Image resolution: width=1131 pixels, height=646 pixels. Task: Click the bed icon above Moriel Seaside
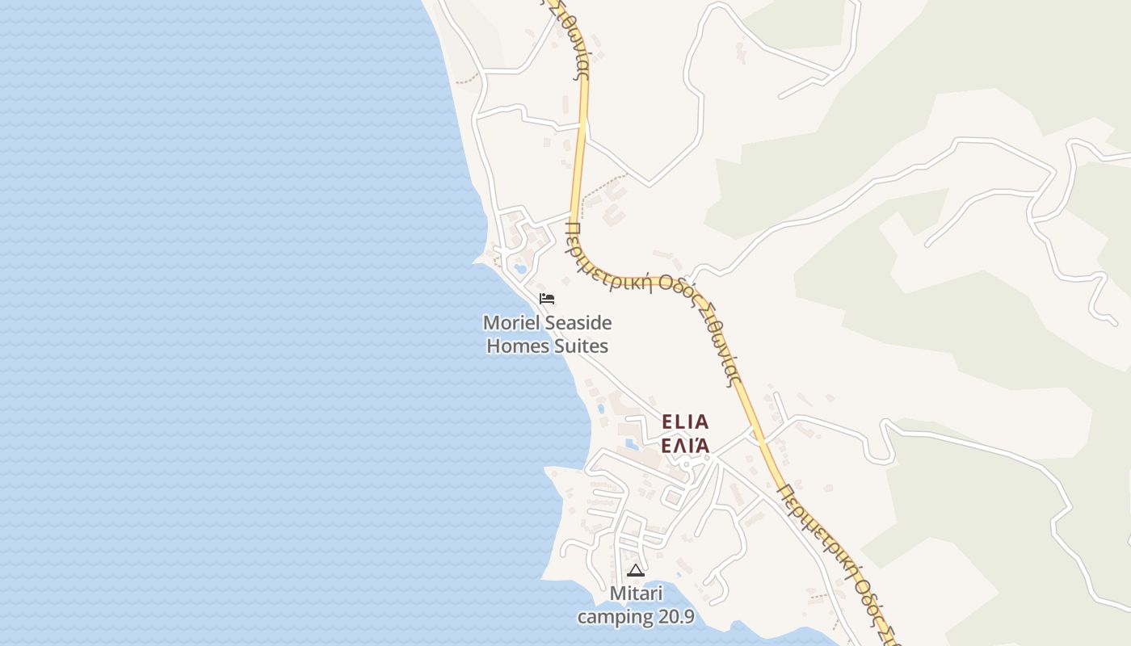pyautogui.click(x=547, y=299)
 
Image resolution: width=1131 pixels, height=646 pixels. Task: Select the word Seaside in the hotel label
pyautogui.click(x=577, y=324)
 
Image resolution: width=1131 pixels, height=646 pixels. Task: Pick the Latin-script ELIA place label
pyautogui.click(x=685, y=422)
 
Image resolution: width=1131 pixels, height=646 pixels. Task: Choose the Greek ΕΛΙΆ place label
pyautogui.click(x=685, y=445)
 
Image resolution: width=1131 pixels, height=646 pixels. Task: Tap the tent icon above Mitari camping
pyautogui.click(x=636, y=571)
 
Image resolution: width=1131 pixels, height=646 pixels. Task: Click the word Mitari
pyautogui.click(x=636, y=594)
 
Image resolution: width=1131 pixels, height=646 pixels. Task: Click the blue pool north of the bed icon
pyautogui.click(x=520, y=267)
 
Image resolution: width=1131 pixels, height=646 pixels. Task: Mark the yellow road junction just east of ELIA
pyautogui.click(x=761, y=441)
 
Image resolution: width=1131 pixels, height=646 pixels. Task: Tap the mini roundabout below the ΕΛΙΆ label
pyautogui.click(x=685, y=465)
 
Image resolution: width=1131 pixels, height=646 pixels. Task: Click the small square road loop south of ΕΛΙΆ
pyautogui.click(x=672, y=497)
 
